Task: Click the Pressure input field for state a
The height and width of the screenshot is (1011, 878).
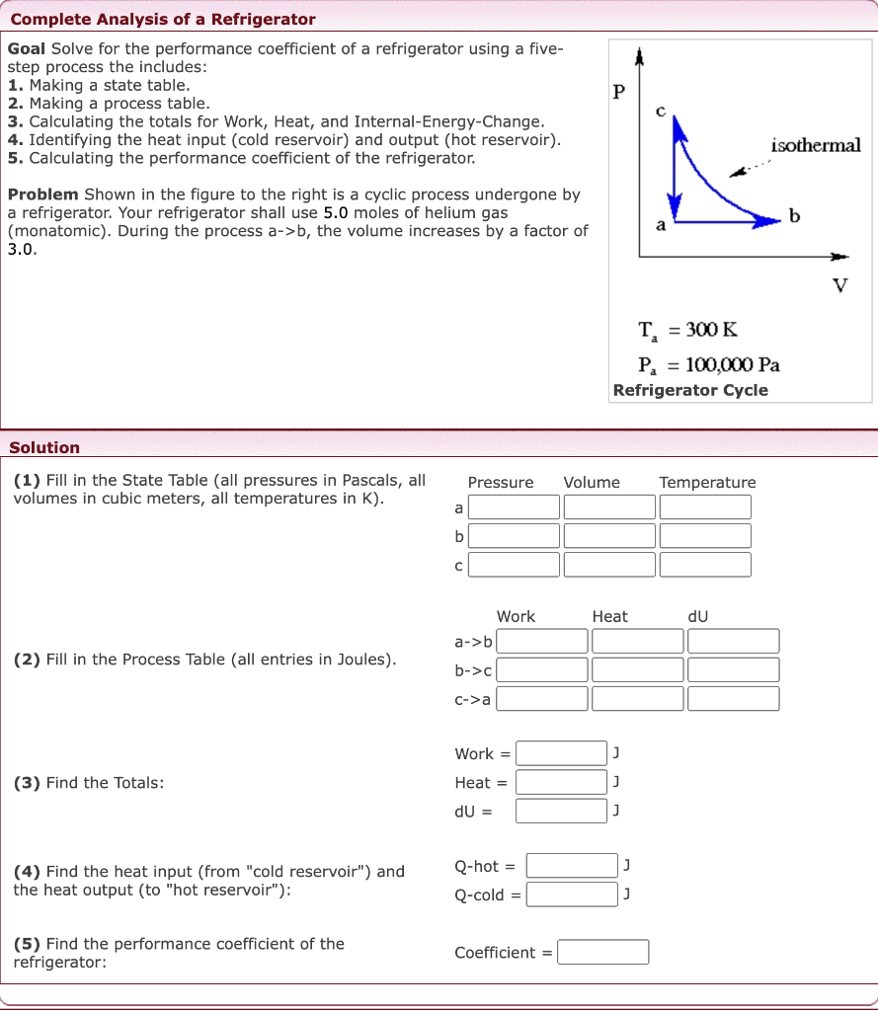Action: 514,507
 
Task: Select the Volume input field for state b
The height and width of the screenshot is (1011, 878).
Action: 609,536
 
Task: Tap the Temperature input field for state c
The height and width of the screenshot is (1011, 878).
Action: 705,565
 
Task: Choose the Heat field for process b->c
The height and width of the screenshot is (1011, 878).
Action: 638,670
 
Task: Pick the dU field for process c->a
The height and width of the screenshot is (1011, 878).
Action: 734,699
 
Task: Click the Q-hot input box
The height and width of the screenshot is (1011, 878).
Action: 572,866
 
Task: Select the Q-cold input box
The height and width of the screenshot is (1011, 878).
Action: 572,894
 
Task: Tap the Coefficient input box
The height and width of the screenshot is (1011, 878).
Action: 603,953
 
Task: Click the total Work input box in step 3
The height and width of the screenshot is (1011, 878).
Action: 561,753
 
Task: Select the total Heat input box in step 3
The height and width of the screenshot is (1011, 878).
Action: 561,782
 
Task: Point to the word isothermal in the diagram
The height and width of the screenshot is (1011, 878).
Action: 815,146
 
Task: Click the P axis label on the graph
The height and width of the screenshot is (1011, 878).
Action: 619,93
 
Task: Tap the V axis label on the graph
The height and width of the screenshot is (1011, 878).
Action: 839,286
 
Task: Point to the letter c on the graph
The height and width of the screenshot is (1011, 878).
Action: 662,110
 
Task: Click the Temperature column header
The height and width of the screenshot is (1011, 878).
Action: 707,483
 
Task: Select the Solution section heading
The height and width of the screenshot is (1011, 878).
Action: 44,447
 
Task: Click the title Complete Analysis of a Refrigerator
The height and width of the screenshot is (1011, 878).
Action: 163,20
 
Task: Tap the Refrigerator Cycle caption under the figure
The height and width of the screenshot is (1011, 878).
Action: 690,390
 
